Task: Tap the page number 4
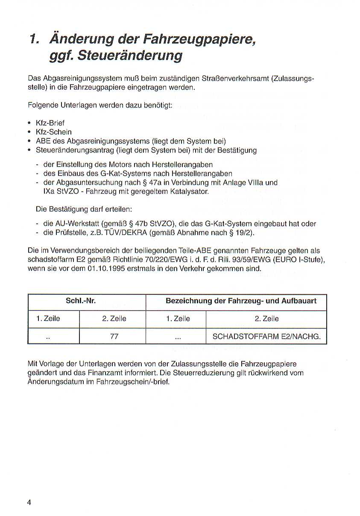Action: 29,502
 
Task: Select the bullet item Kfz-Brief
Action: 50,123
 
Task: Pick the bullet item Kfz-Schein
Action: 53,132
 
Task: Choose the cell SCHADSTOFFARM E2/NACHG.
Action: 266,336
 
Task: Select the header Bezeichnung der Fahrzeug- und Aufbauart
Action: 241,301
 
